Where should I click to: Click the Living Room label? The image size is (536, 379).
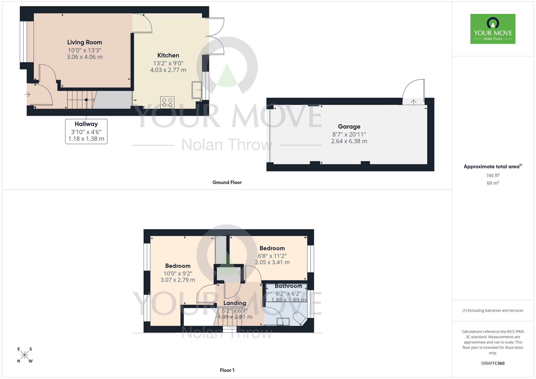click(x=84, y=42)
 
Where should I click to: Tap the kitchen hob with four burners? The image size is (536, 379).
click(x=167, y=103)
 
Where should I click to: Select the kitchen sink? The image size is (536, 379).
click(x=197, y=90)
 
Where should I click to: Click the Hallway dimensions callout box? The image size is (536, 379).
click(x=86, y=132)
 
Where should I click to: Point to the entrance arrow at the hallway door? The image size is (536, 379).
click(x=27, y=94)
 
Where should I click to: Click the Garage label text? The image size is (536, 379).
click(x=349, y=127)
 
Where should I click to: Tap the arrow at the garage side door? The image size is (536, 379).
click(x=413, y=102)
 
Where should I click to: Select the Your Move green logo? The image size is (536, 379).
click(x=493, y=29)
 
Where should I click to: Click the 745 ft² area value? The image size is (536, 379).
click(x=493, y=175)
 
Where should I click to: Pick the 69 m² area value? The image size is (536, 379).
click(x=493, y=183)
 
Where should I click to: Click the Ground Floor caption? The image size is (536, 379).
click(x=227, y=183)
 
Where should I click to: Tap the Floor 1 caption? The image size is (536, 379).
click(x=227, y=370)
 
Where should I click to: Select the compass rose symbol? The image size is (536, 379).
click(x=24, y=355)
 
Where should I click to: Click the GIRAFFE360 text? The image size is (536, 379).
click(x=493, y=363)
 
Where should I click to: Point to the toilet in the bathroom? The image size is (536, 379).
click(x=300, y=318)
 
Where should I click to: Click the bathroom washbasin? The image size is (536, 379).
click(x=283, y=321)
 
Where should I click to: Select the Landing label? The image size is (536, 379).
click(x=235, y=303)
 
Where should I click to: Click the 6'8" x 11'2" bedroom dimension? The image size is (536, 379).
click(x=272, y=256)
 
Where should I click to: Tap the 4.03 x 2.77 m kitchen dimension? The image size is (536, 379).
click(x=168, y=70)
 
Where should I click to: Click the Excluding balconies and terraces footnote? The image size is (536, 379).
click(x=493, y=311)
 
